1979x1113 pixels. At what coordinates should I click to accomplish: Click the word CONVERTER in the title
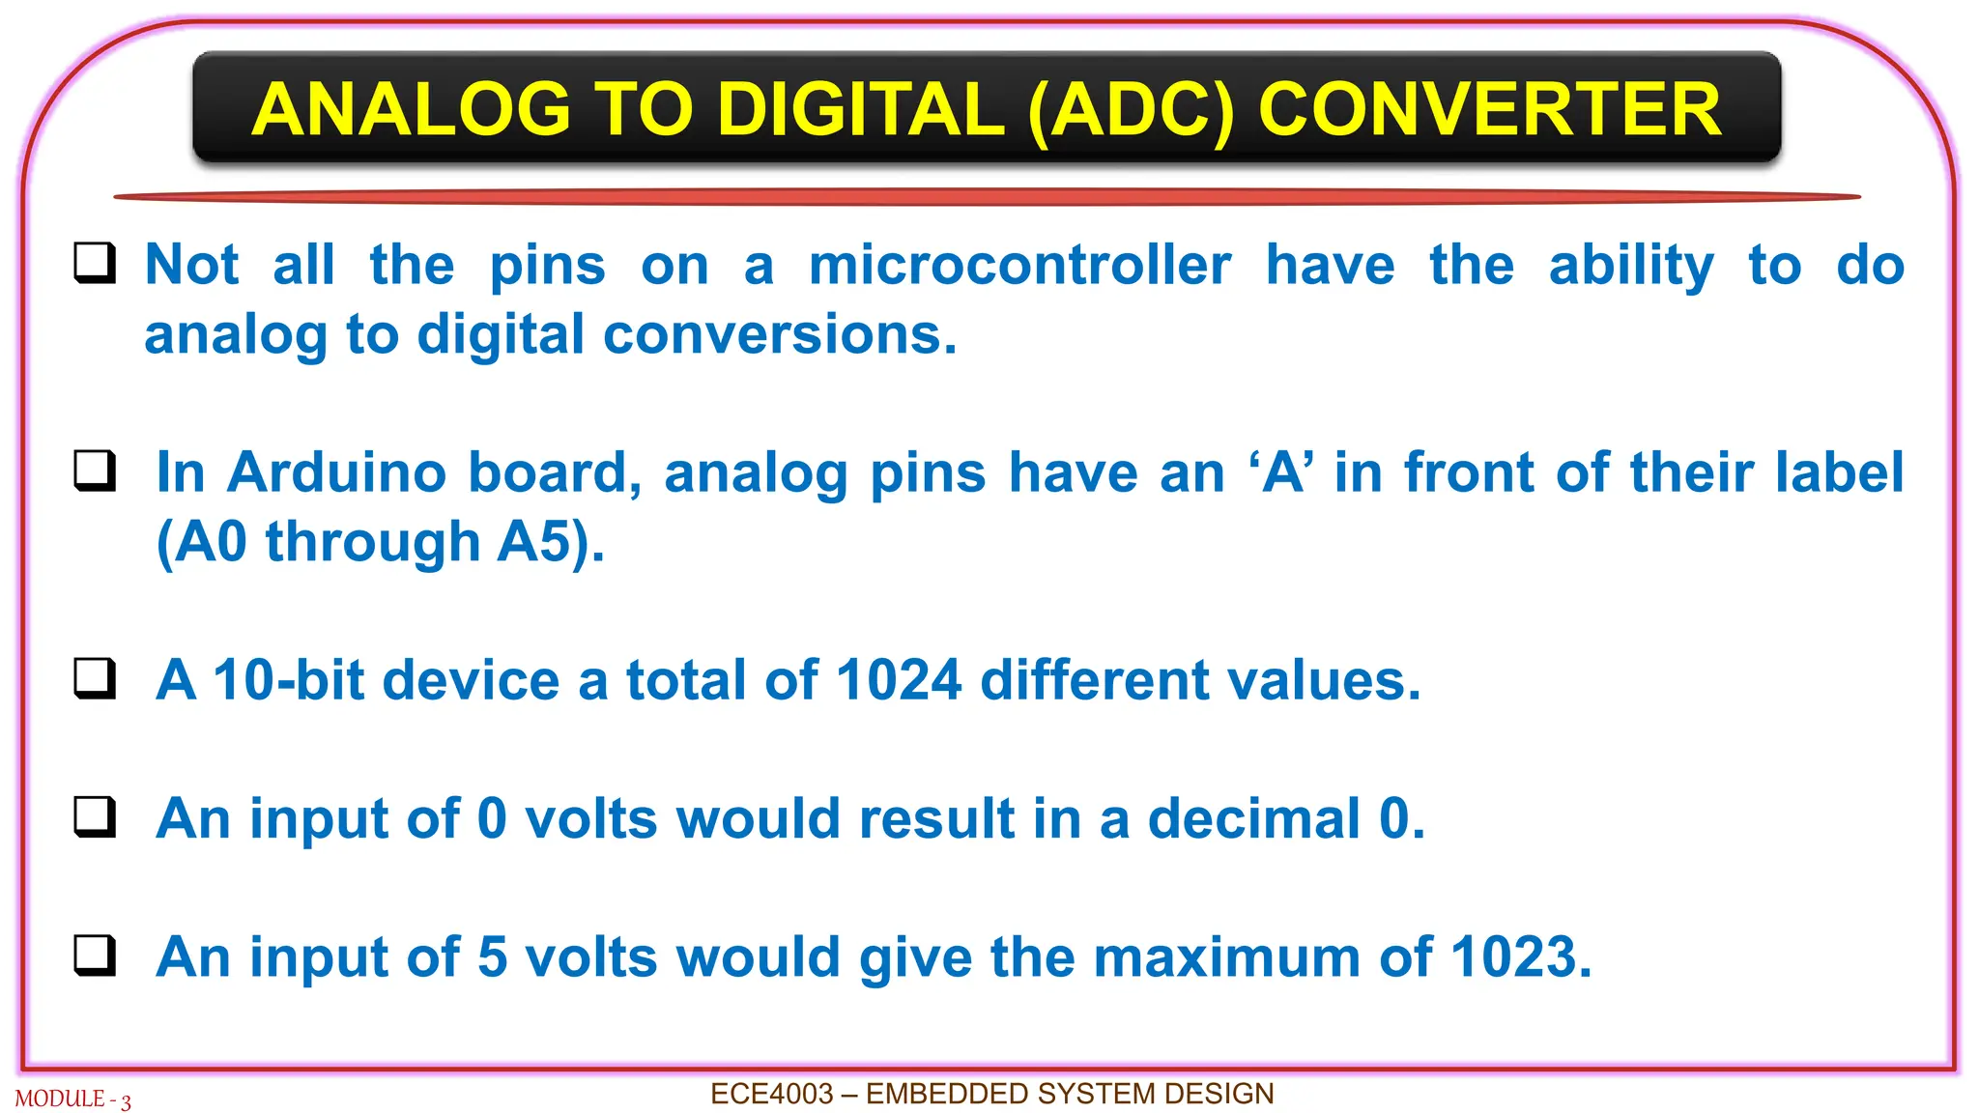coord(1489,109)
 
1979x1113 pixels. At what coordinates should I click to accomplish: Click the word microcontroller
coord(1019,265)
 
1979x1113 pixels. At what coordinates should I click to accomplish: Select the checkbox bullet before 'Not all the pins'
coord(95,263)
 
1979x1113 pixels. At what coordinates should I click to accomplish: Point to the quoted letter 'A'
coord(1281,472)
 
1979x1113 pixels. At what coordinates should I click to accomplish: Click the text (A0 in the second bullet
coord(202,541)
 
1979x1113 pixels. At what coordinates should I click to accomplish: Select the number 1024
coord(899,679)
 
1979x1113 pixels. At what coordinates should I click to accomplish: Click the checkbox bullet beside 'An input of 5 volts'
coord(95,955)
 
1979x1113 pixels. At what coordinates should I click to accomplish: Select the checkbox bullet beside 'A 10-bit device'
coord(95,678)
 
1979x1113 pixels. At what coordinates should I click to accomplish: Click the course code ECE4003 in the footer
coord(771,1094)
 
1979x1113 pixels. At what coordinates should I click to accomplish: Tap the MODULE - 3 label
coord(72,1099)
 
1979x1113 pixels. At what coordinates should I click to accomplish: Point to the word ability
coord(1631,265)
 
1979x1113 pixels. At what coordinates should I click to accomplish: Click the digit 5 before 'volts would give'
coord(492,956)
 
